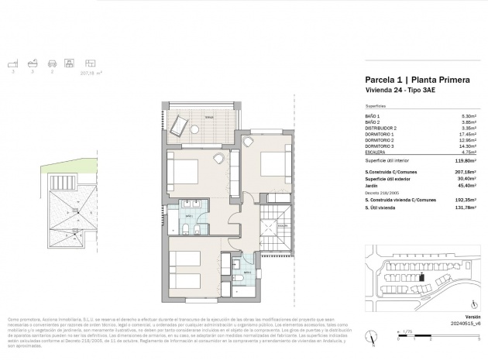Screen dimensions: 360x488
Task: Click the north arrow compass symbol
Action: (x=373, y=335)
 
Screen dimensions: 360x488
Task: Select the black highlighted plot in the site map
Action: (x=423, y=276)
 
